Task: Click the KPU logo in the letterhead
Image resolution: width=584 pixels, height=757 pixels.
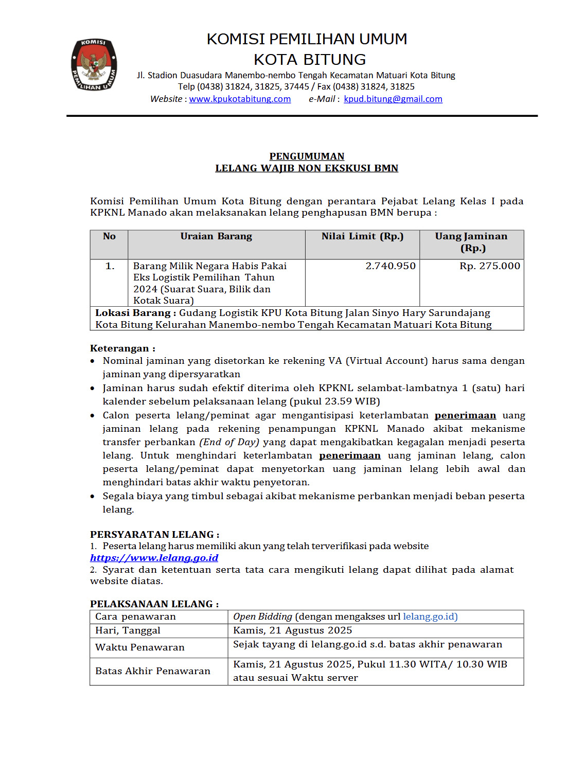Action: point(94,65)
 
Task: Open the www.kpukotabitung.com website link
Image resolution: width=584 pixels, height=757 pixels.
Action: point(240,99)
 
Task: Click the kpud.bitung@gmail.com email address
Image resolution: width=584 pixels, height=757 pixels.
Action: point(393,99)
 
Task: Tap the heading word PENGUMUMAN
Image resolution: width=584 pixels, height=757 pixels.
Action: point(307,156)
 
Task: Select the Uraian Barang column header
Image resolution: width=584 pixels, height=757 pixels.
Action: point(216,236)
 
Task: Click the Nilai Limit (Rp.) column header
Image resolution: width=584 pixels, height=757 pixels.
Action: point(362,236)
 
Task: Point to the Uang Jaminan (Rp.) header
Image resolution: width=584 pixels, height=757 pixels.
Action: point(471,242)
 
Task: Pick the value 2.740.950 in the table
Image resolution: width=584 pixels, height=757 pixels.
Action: point(391,266)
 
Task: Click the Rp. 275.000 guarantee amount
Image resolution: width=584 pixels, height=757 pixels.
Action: point(489,266)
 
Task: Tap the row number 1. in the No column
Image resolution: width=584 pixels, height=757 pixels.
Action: point(110,266)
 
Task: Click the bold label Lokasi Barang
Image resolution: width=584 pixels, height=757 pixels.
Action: point(133,313)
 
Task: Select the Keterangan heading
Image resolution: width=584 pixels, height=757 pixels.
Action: point(122,348)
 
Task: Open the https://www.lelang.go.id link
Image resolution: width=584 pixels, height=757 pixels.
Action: point(154,558)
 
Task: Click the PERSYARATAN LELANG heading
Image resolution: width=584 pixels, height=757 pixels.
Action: point(154,534)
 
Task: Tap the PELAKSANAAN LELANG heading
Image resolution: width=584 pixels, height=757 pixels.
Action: point(154,604)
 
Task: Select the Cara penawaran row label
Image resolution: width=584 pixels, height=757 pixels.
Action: point(135,617)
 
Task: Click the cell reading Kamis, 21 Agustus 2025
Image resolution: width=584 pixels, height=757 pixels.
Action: point(292,630)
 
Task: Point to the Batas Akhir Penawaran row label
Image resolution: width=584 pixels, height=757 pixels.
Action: point(153,671)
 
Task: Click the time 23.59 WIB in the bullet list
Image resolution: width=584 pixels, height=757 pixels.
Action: point(350,401)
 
